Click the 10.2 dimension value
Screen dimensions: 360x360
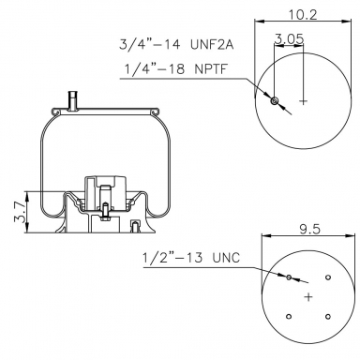[x=302, y=15]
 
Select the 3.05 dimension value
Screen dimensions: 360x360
[x=289, y=38]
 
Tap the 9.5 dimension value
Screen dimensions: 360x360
[x=310, y=230]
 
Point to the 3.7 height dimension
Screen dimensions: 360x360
[x=20, y=212]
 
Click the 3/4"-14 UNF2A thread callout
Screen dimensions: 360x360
[x=176, y=44]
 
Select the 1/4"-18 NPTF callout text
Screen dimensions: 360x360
[x=175, y=68]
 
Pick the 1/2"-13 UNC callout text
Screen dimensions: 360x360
[x=191, y=258]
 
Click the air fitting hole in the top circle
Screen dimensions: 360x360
[x=275, y=101]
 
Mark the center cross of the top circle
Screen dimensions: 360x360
[x=303, y=101]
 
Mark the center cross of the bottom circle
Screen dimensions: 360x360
[x=308, y=297]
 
